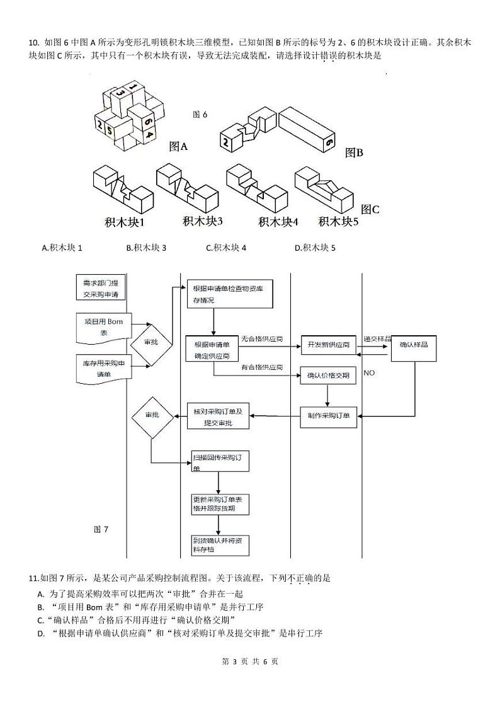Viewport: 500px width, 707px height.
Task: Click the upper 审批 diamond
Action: tap(151, 343)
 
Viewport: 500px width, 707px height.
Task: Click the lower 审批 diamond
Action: tap(152, 417)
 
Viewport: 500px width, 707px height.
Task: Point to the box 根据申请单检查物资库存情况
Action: tap(229, 294)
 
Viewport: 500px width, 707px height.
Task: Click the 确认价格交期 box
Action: tap(327, 376)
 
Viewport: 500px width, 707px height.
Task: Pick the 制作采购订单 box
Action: tap(327, 417)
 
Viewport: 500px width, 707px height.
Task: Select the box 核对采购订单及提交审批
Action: tap(218, 417)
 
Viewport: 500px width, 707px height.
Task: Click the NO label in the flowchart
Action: tap(369, 373)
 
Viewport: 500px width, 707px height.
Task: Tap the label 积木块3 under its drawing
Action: tap(203, 221)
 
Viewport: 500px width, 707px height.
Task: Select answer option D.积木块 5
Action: tap(315, 248)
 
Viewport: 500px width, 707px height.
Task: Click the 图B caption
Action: tap(354, 152)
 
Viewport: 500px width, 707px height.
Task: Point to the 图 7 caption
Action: tap(101, 529)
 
